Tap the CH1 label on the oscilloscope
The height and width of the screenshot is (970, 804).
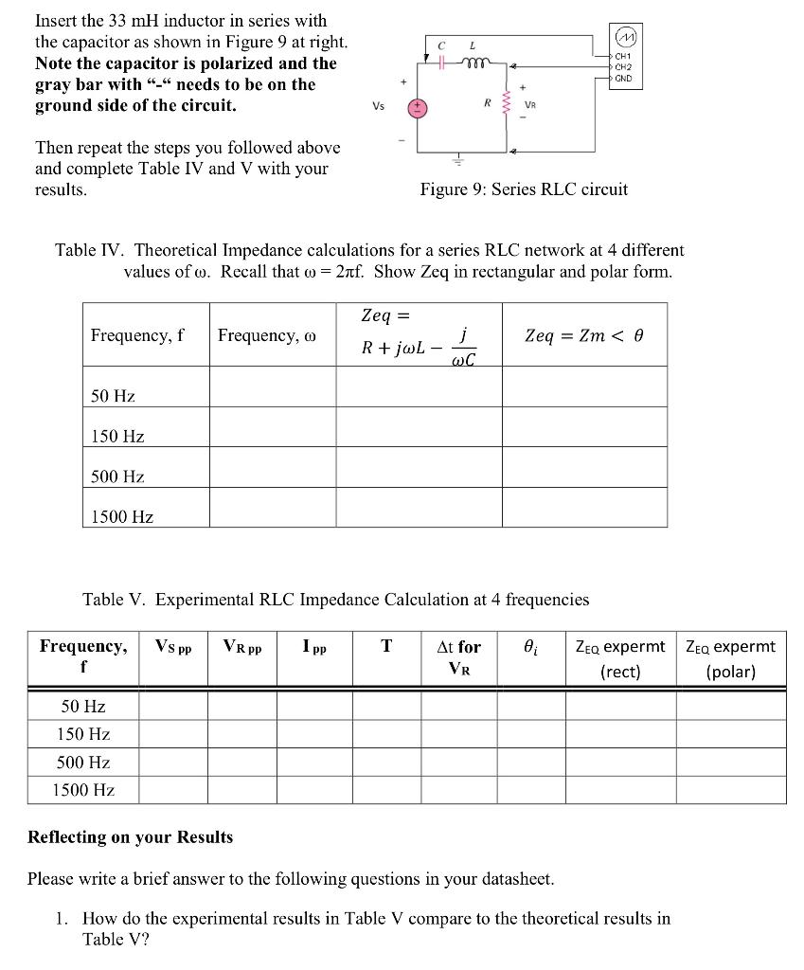click(622, 57)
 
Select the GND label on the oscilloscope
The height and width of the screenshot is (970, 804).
click(623, 79)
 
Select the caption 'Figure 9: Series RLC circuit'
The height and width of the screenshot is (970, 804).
click(524, 189)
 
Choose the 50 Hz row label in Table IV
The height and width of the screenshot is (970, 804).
click(113, 396)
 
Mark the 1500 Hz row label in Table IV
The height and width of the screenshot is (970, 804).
click(122, 517)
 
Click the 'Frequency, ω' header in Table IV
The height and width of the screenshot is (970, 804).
click(267, 335)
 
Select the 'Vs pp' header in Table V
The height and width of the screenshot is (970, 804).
click(173, 647)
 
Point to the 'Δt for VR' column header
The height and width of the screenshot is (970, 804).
click(458, 658)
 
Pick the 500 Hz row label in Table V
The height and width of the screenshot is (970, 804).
click(83, 763)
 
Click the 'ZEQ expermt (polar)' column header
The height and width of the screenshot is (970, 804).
click(731, 658)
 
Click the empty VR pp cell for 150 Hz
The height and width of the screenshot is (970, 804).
click(242, 734)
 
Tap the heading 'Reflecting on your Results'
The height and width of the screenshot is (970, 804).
click(130, 837)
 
